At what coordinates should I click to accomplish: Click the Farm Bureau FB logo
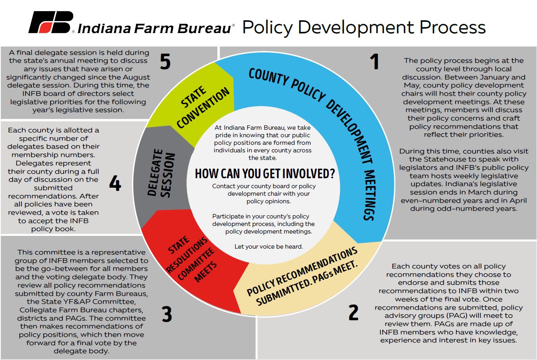51,22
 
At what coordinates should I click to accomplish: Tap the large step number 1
374,61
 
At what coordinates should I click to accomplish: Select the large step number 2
353,312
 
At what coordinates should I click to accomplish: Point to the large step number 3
167,314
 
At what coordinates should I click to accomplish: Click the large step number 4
115,183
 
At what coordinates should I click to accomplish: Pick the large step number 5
165,61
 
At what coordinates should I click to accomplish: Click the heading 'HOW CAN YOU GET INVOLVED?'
265,173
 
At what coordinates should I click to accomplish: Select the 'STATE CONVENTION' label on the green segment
203,107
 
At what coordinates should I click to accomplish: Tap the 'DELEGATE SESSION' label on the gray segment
161,173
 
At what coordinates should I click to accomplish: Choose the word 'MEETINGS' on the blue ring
369,195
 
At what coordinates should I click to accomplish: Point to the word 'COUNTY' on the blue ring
269,77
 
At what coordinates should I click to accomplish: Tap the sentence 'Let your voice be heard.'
269,247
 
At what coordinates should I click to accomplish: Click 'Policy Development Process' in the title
364,27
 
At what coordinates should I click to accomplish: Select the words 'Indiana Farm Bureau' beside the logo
154,28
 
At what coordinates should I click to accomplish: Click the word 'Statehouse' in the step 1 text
449,159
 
